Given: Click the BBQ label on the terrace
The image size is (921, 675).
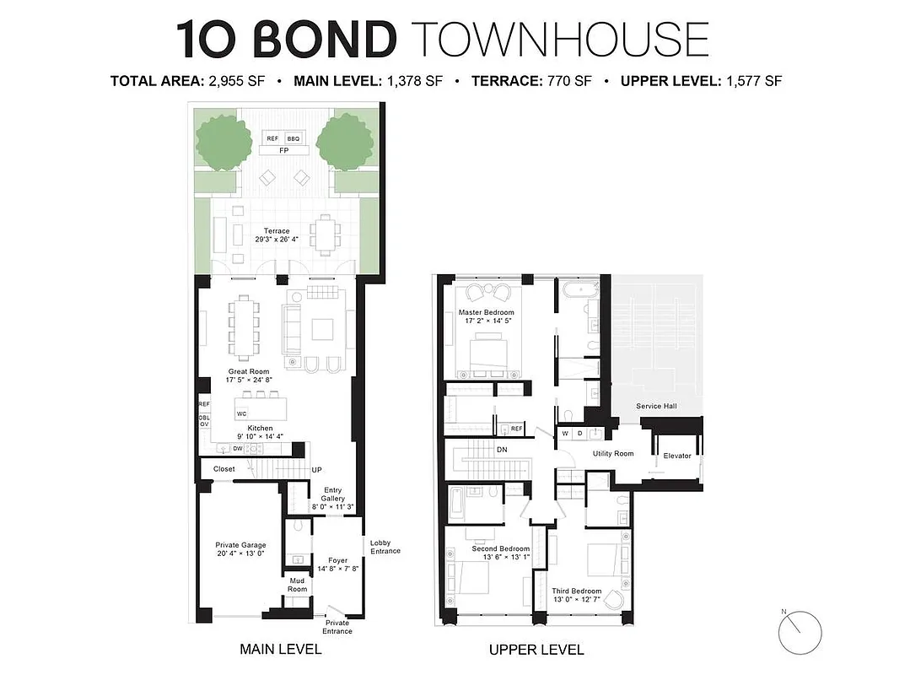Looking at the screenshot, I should click(294, 138).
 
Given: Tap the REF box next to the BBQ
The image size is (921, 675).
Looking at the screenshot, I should click(272, 138).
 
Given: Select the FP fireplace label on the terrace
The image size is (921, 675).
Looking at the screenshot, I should click(283, 151).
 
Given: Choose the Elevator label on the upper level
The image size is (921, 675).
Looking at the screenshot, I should click(677, 456).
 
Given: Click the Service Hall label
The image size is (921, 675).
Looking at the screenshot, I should click(656, 406).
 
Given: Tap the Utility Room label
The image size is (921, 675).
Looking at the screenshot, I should click(613, 454).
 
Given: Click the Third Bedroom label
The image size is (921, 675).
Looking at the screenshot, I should click(577, 591).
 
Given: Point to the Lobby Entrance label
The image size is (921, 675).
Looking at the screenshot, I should click(385, 547).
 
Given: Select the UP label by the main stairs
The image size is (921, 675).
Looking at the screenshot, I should click(317, 470).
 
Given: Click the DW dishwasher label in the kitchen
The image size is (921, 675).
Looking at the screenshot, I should click(238, 449).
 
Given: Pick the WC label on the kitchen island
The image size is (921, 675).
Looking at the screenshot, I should click(241, 413).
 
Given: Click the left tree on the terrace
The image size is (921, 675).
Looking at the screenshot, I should click(225, 141).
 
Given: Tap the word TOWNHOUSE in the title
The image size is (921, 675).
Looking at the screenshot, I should click(561, 39).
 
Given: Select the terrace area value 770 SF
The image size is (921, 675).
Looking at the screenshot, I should click(574, 82).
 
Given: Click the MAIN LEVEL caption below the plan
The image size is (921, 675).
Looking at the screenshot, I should click(281, 649).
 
